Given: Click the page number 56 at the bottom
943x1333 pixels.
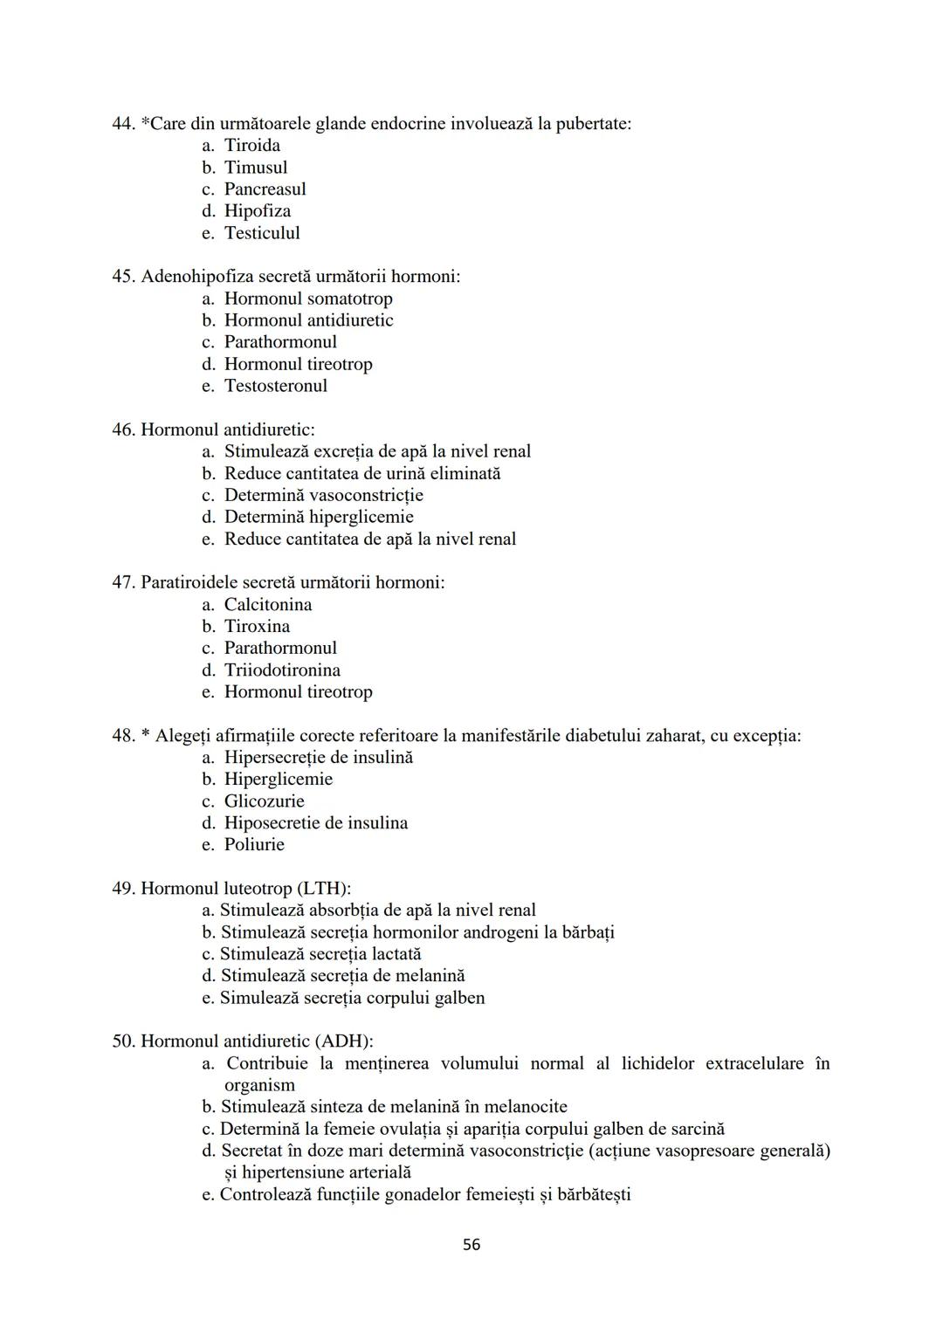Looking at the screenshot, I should [471, 1245].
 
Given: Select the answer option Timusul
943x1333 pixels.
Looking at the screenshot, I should [255, 168].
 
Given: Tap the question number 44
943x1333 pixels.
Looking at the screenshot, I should [122, 124].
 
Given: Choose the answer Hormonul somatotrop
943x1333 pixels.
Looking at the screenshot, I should [308, 299].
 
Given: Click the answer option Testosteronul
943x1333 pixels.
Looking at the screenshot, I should [275, 386].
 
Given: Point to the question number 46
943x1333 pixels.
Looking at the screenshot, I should [122, 429].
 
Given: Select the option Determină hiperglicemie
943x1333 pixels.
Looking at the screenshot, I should [319, 517].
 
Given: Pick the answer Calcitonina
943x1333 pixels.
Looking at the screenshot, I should [267, 605].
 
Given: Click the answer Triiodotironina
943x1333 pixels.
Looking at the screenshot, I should [282, 670].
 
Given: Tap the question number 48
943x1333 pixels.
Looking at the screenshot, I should [122, 736].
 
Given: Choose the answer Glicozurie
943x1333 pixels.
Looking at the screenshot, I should [264, 801].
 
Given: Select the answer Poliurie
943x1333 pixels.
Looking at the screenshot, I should [254, 845].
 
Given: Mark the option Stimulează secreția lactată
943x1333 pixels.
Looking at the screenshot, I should [320, 954].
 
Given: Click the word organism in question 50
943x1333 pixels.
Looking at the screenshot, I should [259, 1085].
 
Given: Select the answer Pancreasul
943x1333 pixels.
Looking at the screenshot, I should [265, 189].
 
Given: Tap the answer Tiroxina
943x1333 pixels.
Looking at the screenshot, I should [257, 627].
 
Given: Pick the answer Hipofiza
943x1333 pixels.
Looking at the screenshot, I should [258, 211].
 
